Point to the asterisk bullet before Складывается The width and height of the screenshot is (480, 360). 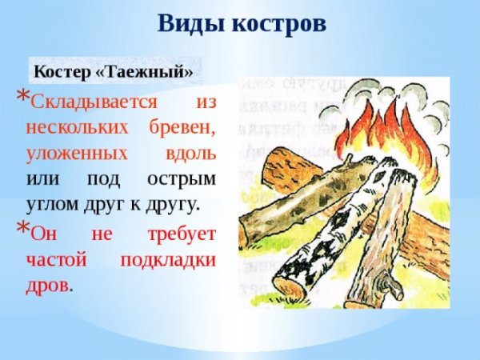tap(24, 97)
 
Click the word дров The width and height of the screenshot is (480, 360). tap(46, 284)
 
